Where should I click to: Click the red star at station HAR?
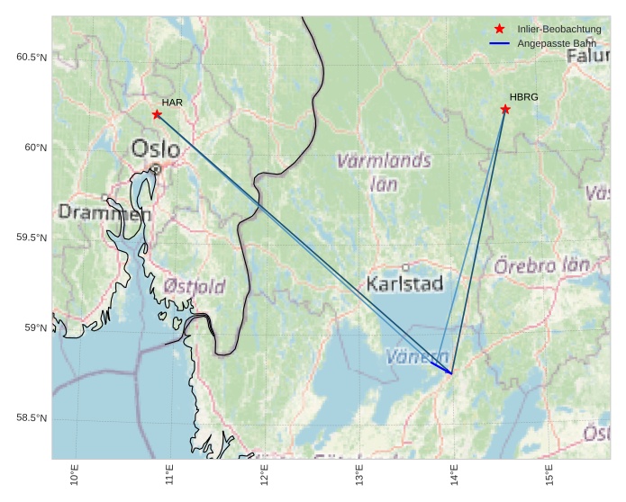pyautogui.click(x=157, y=114)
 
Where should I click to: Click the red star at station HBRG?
pyautogui.click(x=505, y=110)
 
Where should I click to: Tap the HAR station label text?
pyautogui.click(x=172, y=103)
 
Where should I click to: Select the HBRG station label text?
pyautogui.click(x=523, y=97)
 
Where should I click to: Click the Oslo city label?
pyautogui.click(x=156, y=148)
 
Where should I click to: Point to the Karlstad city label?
pyautogui.click(x=405, y=284)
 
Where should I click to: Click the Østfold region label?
pyautogui.click(x=195, y=286)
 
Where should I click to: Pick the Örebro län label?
pyautogui.click(x=541, y=266)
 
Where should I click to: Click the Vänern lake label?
pyautogui.click(x=418, y=355)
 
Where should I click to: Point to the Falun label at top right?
pyautogui.click(x=588, y=57)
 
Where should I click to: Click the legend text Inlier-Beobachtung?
pyautogui.click(x=559, y=30)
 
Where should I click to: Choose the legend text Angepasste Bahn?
pyautogui.click(x=557, y=43)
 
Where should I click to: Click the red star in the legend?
pyautogui.click(x=500, y=30)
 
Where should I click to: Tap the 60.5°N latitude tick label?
pyautogui.click(x=32, y=58)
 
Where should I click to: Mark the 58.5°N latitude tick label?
pyautogui.click(x=32, y=418)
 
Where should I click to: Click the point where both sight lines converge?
pyautogui.click(x=451, y=372)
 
